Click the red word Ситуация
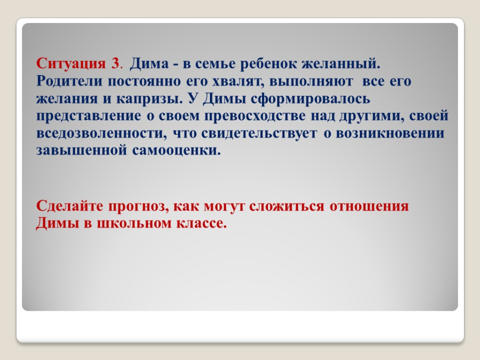pyautogui.click(x=71, y=64)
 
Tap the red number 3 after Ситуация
pyautogui.click(x=115, y=64)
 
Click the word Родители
pyautogui.click(x=69, y=81)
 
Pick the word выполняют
pyautogui.click(x=311, y=82)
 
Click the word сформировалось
pyautogui.click(x=310, y=99)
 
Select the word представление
pyautogui.click(x=89, y=116)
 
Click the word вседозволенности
pyautogui.click(x=102, y=134)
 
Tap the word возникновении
pyautogui.click(x=390, y=134)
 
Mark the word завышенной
pyautogui.click(x=82, y=151)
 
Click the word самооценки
pyautogui.click(x=177, y=151)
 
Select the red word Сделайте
pyautogui.click(x=70, y=206)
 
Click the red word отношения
pyautogui.click(x=369, y=206)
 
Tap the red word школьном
pyautogui.click(x=134, y=223)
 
